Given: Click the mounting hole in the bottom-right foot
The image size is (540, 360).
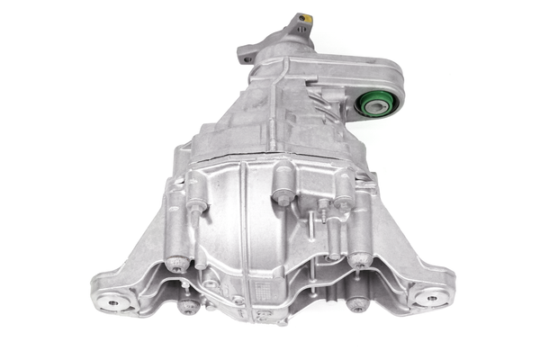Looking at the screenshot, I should click(430, 297).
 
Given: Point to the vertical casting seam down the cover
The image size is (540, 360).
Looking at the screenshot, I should click(243, 234).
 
